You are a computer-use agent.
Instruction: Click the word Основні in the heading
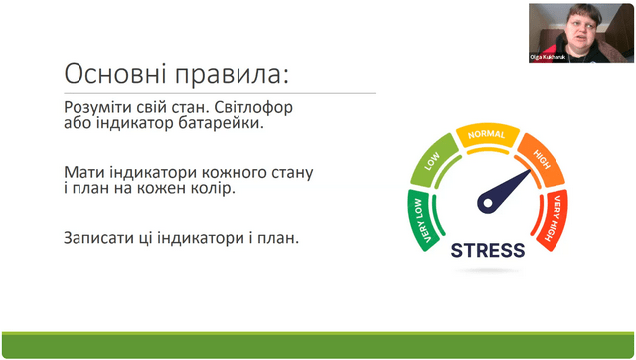tap(115, 74)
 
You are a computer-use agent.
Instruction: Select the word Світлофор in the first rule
tap(253, 107)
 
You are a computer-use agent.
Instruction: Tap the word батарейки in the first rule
tap(221, 123)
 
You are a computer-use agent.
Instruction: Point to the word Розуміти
tap(97, 108)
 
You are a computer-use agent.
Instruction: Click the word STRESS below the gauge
tap(488, 250)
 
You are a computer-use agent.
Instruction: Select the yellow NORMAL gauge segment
tap(488, 134)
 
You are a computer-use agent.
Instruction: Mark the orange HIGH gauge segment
tap(542, 159)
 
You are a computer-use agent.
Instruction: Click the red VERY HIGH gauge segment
tap(554, 220)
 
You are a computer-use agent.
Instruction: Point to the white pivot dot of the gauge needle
tap(488, 203)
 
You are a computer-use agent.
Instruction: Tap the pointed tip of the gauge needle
tap(530, 170)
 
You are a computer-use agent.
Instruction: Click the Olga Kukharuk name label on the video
tap(548, 57)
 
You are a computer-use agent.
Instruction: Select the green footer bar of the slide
tap(318, 346)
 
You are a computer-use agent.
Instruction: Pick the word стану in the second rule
tap(293, 173)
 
